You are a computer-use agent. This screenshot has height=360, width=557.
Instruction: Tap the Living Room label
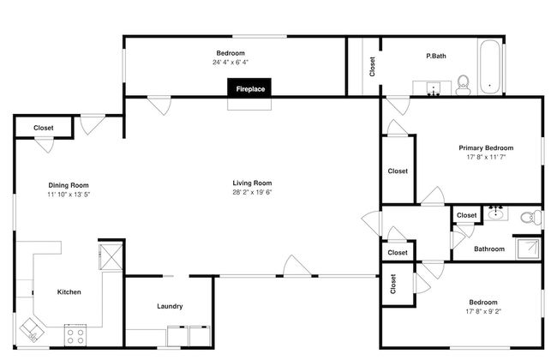point(252,183)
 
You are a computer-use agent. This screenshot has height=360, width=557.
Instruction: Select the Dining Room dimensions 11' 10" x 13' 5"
point(69,195)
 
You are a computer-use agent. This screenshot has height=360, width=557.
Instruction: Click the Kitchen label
point(69,292)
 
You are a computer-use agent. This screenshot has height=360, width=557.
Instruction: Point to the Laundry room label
point(170,307)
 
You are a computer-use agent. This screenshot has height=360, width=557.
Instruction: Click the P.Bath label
point(436,57)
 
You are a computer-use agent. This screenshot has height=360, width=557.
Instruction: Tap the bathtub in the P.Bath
point(489,66)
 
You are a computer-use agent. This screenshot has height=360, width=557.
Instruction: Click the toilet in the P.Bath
point(463,83)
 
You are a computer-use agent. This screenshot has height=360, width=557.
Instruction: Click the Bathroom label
point(489,249)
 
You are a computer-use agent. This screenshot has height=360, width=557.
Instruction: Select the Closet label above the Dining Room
point(43,128)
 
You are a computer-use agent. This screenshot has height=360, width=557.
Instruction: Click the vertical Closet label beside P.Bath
point(372,67)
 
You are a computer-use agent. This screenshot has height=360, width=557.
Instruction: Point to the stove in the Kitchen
point(75,333)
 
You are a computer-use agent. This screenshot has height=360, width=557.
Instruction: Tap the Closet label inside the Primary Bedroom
point(398,171)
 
